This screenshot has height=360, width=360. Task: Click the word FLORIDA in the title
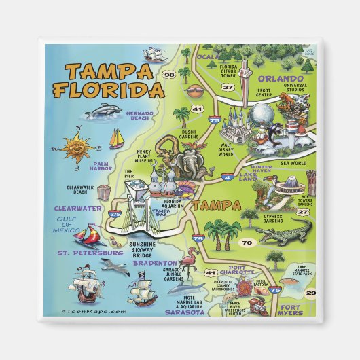tap(110, 90)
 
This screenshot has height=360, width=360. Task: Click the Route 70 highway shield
tap(247, 241)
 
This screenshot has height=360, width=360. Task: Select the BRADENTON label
tap(154, 262)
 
